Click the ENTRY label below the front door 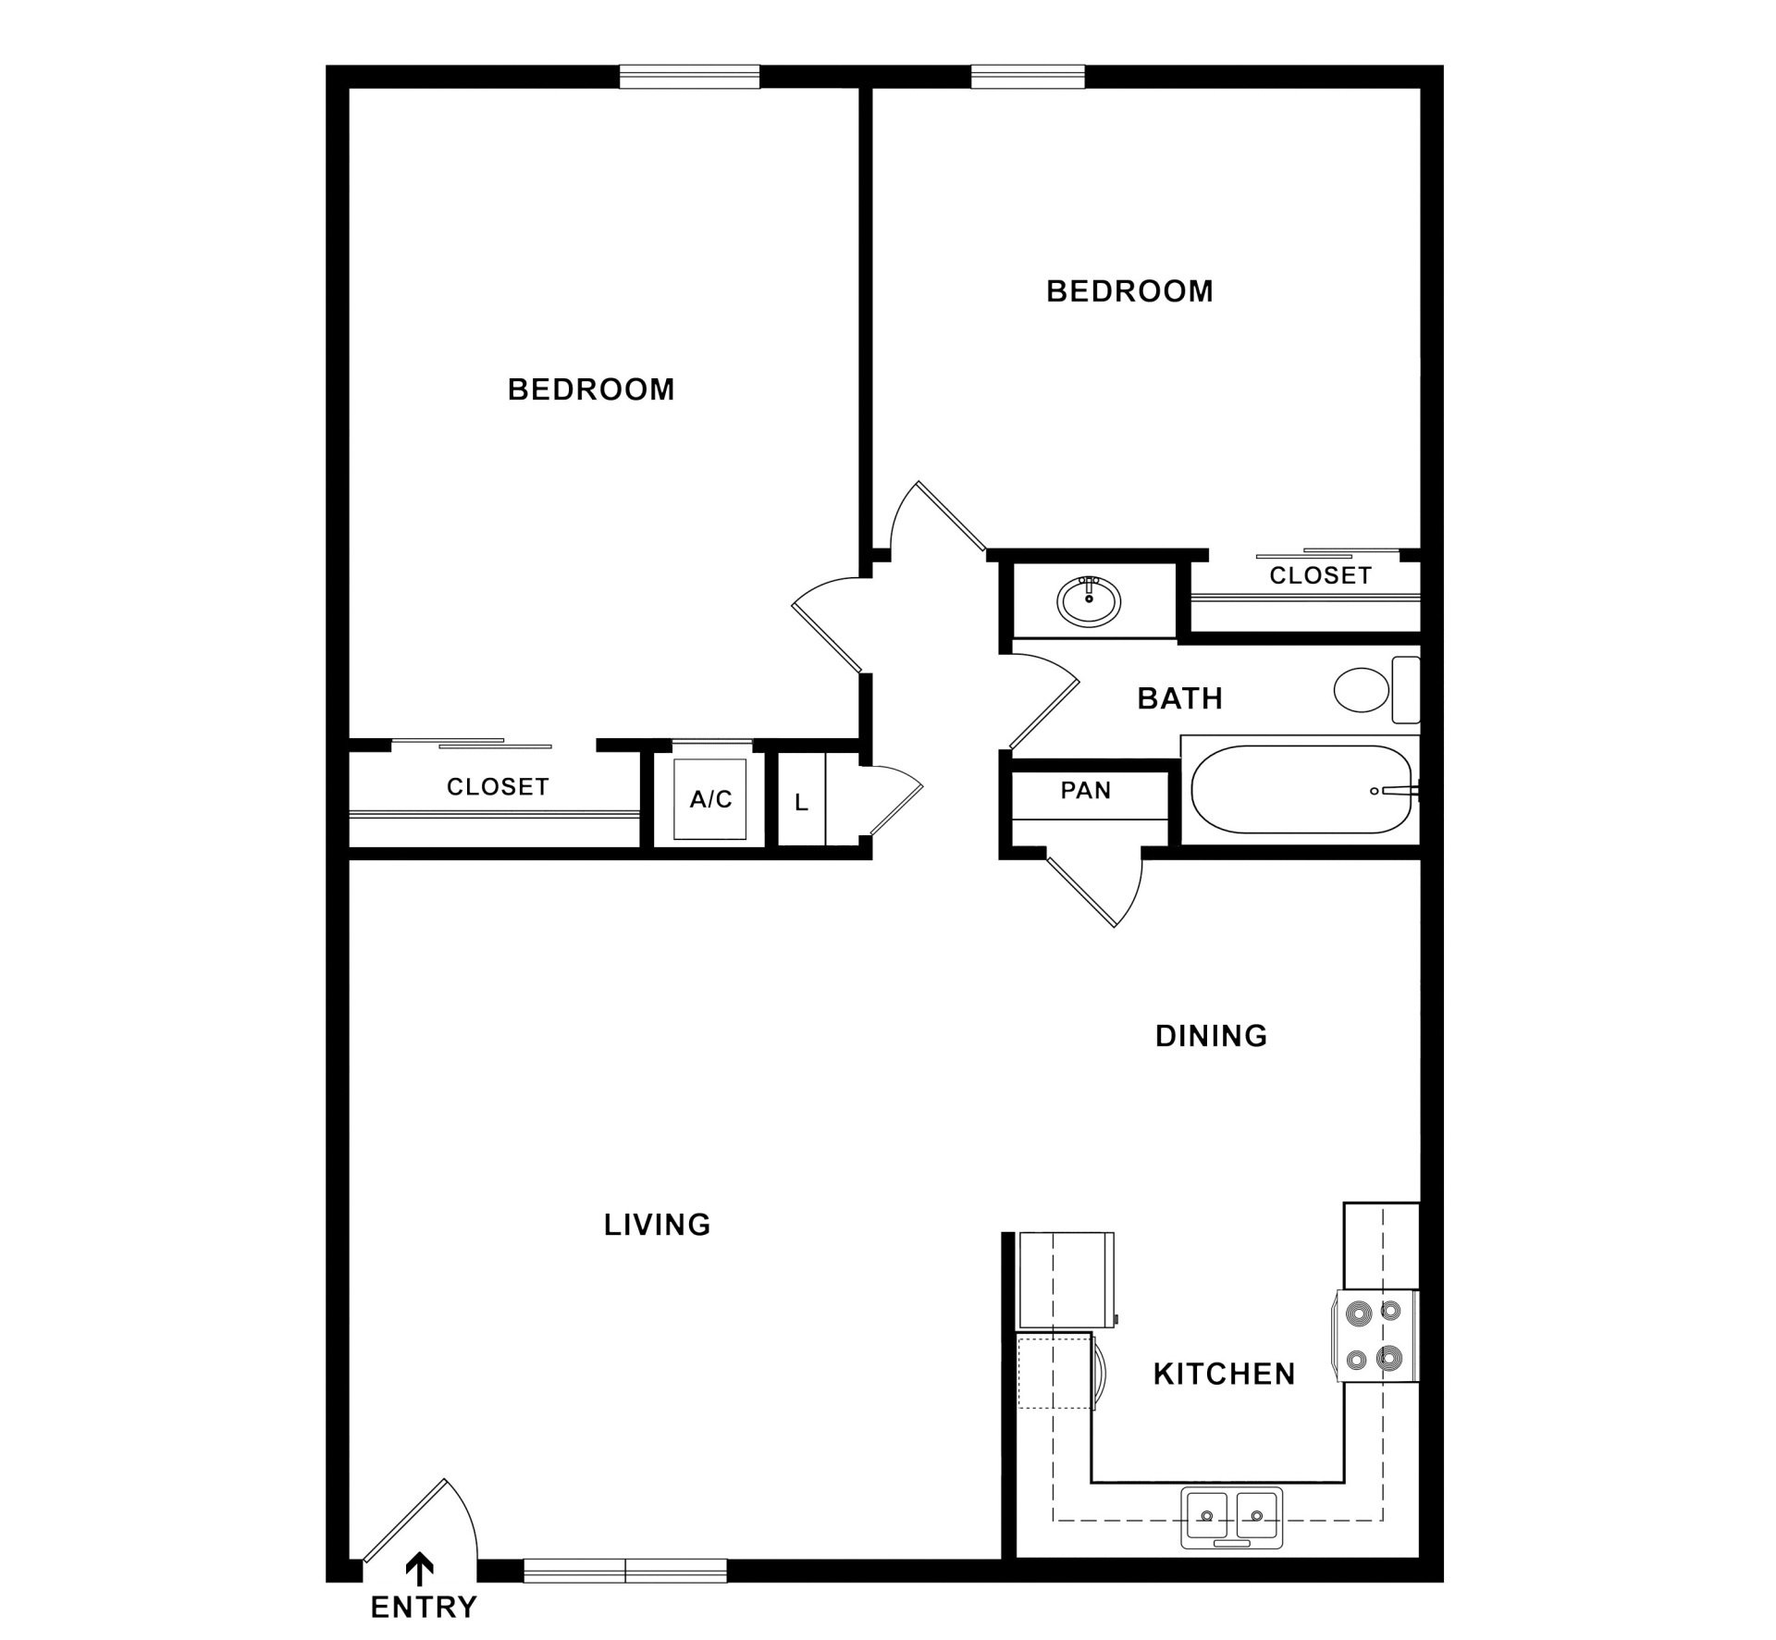[424, 1607]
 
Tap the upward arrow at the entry [421, 1567]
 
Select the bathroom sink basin [1089, 601]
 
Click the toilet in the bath [1376, 690]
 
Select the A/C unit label [710, 799]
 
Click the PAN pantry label [1086, 791]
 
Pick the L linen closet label [801, 803]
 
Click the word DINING [1211, 1036]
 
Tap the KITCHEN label [1224, 1375]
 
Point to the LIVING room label [657, 1225]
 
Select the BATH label [1180, 698]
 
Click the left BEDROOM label [591, 389]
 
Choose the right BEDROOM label [1129, 291]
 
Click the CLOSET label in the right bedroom [1320, 575]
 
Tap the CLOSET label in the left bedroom [498, 787]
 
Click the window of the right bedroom [1028, 77]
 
